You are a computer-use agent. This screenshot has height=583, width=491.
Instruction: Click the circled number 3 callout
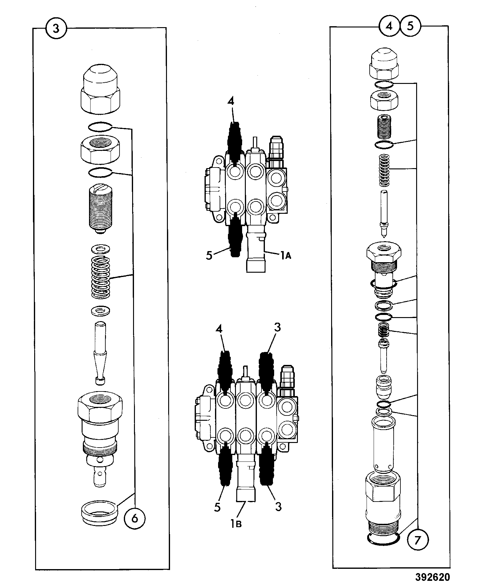(x=56, y=28)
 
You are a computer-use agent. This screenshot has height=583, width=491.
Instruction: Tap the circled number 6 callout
(x=135, y=518)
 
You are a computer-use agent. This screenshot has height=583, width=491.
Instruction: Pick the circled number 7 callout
(x=417, y=540)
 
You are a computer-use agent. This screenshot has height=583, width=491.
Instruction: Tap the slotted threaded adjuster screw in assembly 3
(x=101, y=209)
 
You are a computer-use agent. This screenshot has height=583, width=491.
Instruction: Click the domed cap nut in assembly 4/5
(x=384, y=64)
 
